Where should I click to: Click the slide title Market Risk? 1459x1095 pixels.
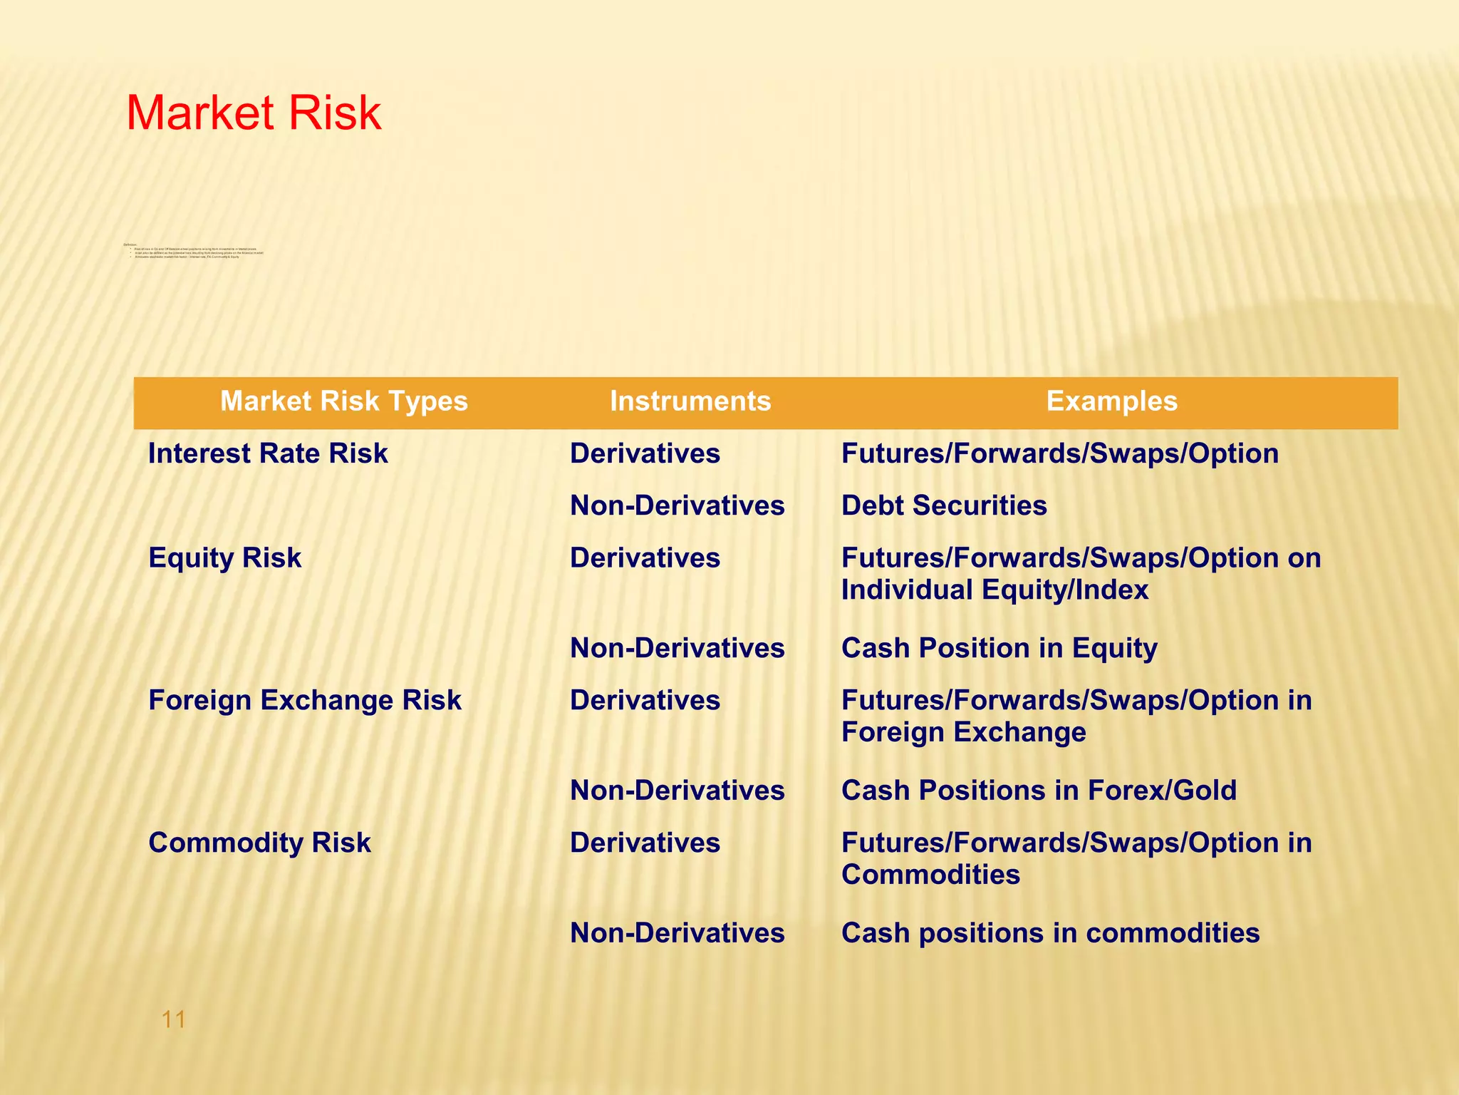pos(254,113)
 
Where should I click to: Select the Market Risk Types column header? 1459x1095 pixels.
pos(343,401)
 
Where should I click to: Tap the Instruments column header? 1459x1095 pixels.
pos(690,401)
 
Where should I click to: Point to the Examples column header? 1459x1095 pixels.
pos(1111,401)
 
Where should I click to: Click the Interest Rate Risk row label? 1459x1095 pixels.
pos(268,453)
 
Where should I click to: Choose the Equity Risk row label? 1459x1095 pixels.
pos(224,557)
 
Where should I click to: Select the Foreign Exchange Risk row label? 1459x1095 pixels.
pos(304,700)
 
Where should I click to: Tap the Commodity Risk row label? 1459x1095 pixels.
pos(259,843)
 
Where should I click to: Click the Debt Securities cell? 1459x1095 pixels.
pos(944,505)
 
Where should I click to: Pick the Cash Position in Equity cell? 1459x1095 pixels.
pos(999,648)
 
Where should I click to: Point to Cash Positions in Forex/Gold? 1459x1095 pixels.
pos(1039,791)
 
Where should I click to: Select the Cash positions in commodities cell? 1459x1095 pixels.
pos(1050,933)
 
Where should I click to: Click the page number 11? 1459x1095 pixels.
pos(174,1019)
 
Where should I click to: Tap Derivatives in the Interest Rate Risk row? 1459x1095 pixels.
pos(645,453)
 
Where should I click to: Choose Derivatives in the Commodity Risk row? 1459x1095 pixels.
pos(645,843)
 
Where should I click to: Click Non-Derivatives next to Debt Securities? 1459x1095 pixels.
pos(677,505)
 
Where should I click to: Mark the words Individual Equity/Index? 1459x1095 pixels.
pos(995,590)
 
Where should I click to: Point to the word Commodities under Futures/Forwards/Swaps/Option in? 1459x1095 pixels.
pos(930,875)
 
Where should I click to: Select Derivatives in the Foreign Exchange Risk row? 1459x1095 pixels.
pos(645,700)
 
